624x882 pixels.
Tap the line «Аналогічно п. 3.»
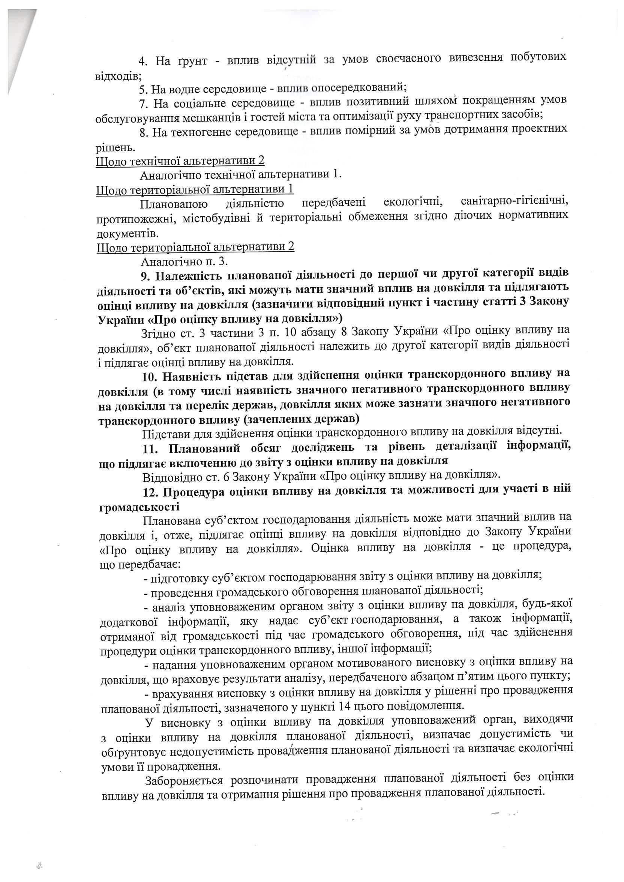coord(184,262)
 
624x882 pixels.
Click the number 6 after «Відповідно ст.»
coord(226,477)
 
